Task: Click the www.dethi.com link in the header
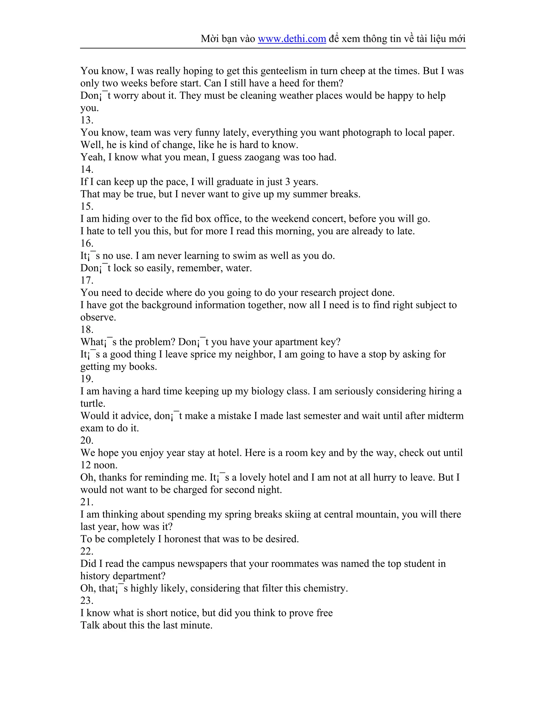(x=292, y=39)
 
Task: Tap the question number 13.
(x=87, y=120)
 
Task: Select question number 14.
(x=87, y=169)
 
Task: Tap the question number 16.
(x=87, y=243)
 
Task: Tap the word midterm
(x=445, y=416)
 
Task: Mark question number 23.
(x=87, y=601)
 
